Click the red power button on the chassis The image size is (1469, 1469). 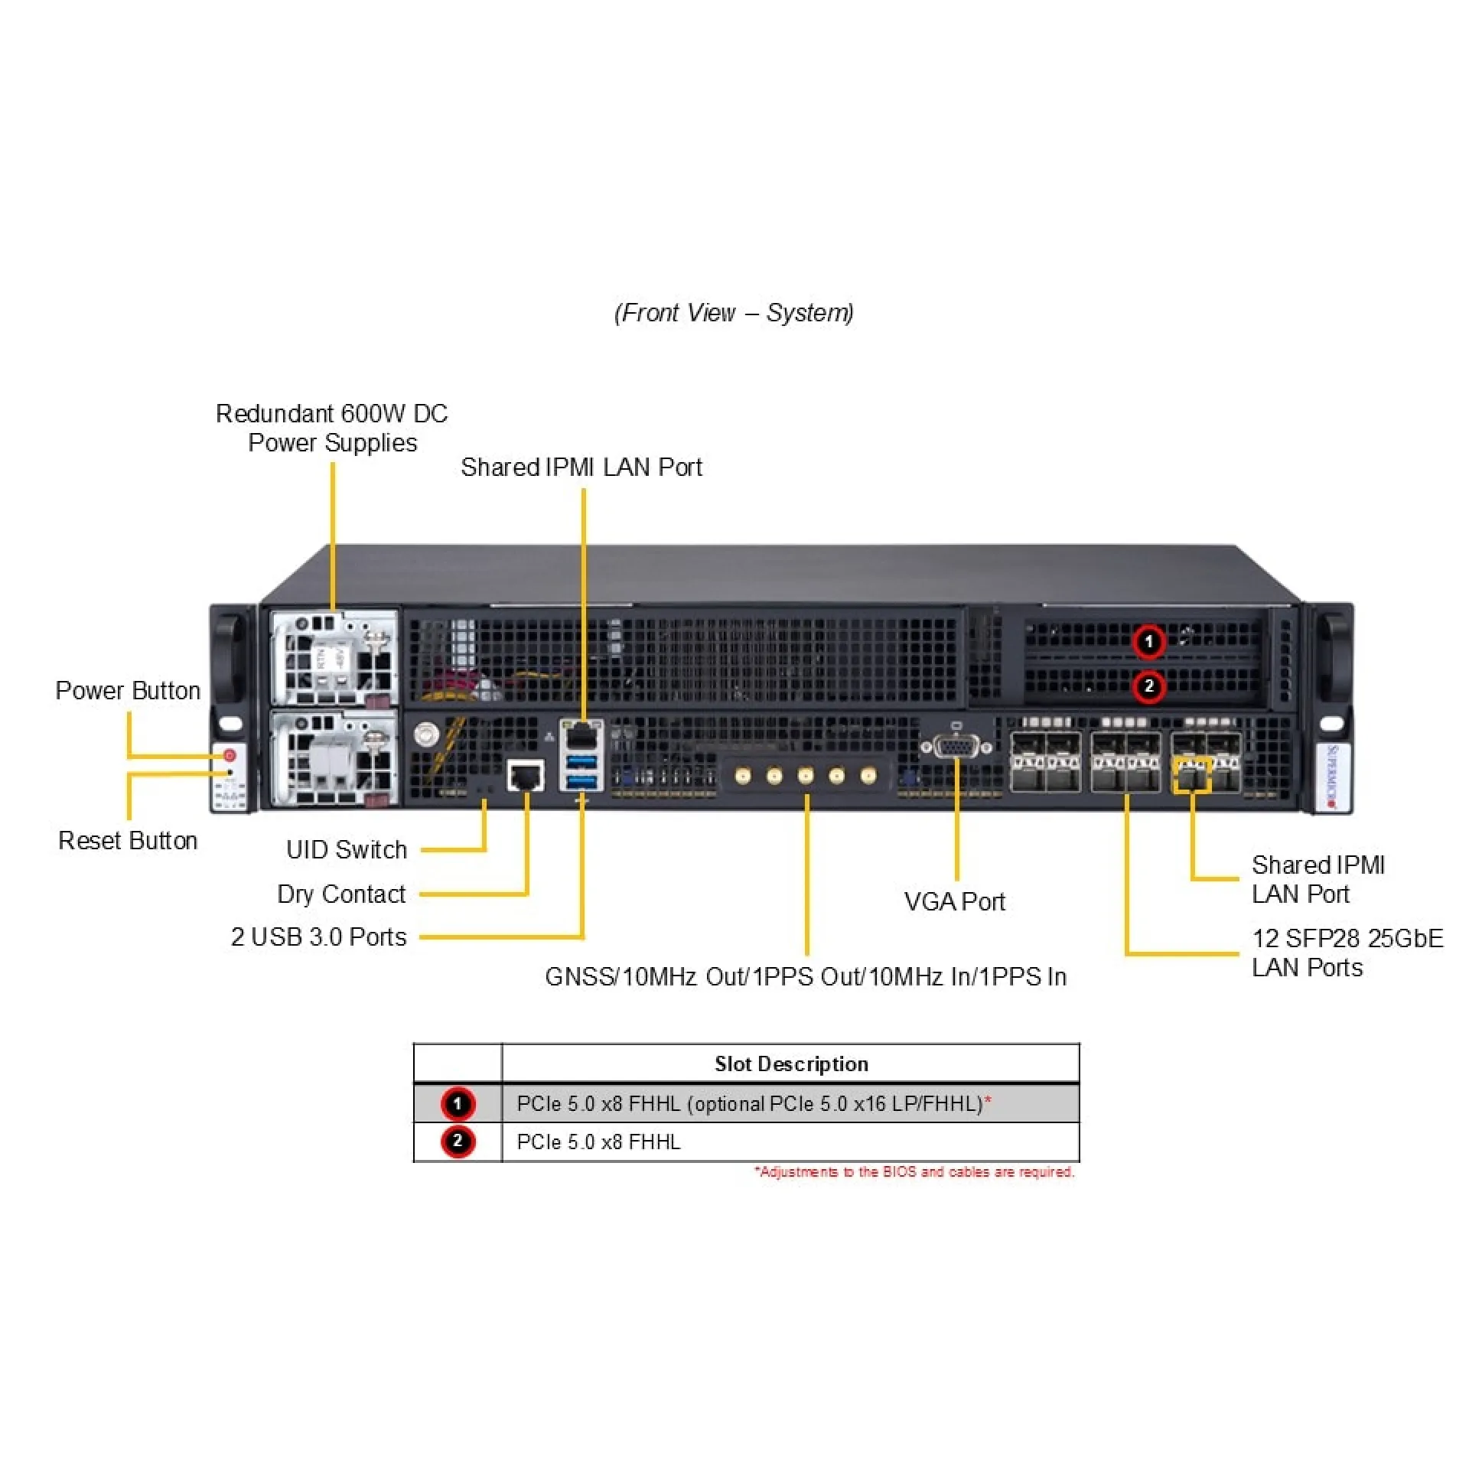pos(229,756)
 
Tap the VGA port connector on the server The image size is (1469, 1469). pos(956,746)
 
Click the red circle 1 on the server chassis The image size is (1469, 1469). pos(1148,641)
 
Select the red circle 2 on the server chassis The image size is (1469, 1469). pos(1148,686)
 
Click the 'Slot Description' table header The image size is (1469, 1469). pos(791,1063)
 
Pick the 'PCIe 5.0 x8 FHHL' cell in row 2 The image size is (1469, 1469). pos(598,1142)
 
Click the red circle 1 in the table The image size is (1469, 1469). pos(458,1103)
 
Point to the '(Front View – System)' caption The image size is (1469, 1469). pos(734,313)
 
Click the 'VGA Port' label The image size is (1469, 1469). pos(954,901)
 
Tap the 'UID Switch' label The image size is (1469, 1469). pos(346,849)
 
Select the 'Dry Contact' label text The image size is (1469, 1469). pos(341,894)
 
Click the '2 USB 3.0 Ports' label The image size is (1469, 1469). pos(318,936)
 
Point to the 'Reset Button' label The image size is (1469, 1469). pos(128,840)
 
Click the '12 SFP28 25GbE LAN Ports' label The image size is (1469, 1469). pos(1347,953)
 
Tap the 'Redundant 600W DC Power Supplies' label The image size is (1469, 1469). pos(331,428)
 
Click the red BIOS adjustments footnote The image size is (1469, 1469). pos(914,1171)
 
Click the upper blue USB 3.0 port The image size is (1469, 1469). pos(582,761)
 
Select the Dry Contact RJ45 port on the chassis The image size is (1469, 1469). pos(526,776)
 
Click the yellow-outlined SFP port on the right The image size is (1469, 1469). pos(1191,775)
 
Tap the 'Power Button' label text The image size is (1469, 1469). pos(128,690)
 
